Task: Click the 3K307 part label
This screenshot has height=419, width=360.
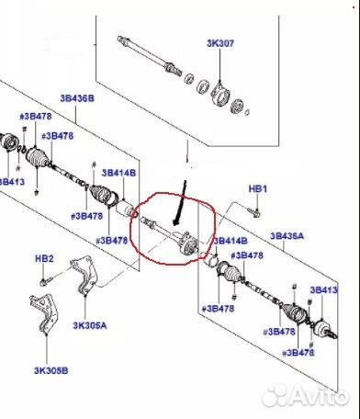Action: point(220,43)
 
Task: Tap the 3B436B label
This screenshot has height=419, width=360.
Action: point(77,98)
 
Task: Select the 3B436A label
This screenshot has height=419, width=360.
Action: point(287,236)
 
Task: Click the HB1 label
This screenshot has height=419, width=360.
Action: point(258,188)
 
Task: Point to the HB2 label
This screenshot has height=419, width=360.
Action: point(44,258)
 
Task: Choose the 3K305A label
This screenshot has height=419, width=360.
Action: point(90,325)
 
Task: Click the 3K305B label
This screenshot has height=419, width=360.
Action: point(51,370)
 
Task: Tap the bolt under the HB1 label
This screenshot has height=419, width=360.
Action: point(253,212)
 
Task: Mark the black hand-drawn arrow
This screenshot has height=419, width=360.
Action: point(180,203)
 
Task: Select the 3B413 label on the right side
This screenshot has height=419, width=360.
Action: point(323,289)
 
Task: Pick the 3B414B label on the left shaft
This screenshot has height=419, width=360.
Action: point(118,173)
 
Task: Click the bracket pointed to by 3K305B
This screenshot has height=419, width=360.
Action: point(44,313)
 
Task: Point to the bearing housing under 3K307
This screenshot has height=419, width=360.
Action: point(220,94)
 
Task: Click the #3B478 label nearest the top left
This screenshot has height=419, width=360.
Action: point(36,117)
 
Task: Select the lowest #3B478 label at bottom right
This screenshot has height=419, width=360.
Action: point(298,353)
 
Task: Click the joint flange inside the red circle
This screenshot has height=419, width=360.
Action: point(187,244)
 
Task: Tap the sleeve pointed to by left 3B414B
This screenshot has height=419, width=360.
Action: point(125,209)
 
